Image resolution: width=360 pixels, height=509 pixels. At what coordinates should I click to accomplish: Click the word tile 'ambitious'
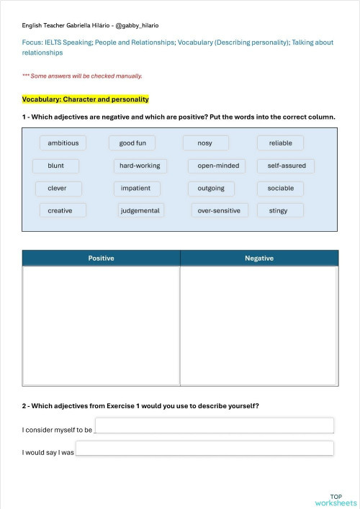coord(63,143)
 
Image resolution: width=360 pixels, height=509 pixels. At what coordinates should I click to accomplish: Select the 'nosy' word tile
coord(205,143)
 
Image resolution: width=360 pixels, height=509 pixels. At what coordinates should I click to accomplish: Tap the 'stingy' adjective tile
coord(279,211)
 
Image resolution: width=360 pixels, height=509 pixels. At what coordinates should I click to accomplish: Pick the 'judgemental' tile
coord(141,211)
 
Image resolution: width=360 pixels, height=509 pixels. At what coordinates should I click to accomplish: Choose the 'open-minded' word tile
coord(218,166)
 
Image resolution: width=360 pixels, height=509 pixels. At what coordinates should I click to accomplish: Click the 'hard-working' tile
coord(140,166)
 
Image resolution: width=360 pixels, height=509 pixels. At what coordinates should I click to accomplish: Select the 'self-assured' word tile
coord(287,166)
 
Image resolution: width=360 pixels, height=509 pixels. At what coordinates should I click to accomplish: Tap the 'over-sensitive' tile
coord(220,211)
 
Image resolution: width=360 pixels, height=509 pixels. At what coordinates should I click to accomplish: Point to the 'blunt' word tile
coord(56,166)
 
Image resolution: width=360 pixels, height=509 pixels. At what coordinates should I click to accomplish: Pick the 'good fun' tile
coord(132,143)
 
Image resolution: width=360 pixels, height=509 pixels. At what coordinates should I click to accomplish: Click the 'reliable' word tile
coord(281,143)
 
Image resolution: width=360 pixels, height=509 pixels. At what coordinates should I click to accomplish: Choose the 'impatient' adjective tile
coord(136,189)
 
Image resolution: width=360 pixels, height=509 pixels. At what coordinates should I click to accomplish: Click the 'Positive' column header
coord(101,258)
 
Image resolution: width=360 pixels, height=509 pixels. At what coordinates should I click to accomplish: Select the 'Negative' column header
coord(259,258)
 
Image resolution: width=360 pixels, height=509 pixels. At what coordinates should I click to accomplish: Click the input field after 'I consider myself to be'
coord(214,425)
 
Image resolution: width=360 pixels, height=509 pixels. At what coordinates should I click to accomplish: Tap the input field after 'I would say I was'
coord(204,449)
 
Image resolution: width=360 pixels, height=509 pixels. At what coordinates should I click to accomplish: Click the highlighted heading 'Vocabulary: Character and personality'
coord(85,99)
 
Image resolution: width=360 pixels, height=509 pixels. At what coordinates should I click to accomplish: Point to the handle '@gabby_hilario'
coord(138,25)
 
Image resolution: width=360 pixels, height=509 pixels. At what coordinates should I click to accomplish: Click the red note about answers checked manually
coord(82,76)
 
